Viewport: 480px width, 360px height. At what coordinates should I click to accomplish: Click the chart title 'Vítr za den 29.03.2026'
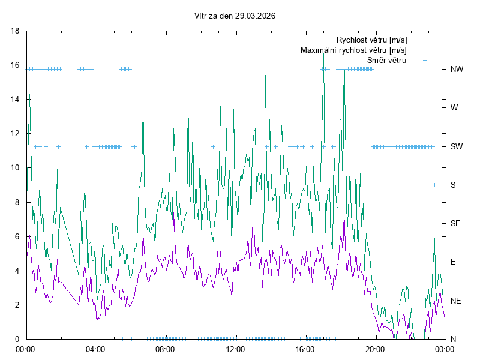pyautogui.click(x=239, y=16)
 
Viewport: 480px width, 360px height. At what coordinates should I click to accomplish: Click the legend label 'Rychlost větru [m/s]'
pyautogui.click(x=372, y=40)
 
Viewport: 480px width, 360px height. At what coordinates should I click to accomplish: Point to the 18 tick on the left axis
pyautogui.click(x=16, y=31)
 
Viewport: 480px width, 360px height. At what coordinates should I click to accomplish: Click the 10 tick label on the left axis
pyautogui.click(x=16, y=168)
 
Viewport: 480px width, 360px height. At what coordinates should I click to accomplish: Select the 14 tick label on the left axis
pyautogui.click(x=16, y=99)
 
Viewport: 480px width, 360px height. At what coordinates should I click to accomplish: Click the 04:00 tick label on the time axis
pyautogui.click(x=95, y=349)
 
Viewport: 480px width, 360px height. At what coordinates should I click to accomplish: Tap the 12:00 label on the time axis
pyautogui.click(x=235, y=349)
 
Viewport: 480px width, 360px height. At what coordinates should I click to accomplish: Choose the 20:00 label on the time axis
pyautogui.click(x=375, y=349)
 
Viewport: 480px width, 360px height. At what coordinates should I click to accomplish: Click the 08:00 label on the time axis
pyautogui.click(x=165, y=349)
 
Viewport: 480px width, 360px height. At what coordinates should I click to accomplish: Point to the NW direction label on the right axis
pyautogui.click(x=457, y=69)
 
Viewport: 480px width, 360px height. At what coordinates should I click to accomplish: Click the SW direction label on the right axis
pyautogui.click(x=457, y=146)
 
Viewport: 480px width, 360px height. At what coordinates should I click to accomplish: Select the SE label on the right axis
pyautogui.click(x=455, y=223)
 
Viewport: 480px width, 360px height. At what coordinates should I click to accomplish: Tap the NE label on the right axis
pyautogui.click(x=455, y=301)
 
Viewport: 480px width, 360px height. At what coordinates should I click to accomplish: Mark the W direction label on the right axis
pyautogui.click(x=454, y=108)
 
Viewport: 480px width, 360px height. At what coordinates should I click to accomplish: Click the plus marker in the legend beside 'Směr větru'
pyautogui.click(x=425, y=60)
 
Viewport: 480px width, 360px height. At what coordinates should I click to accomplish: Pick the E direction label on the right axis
pyautogui.click(x=453, y=262)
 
